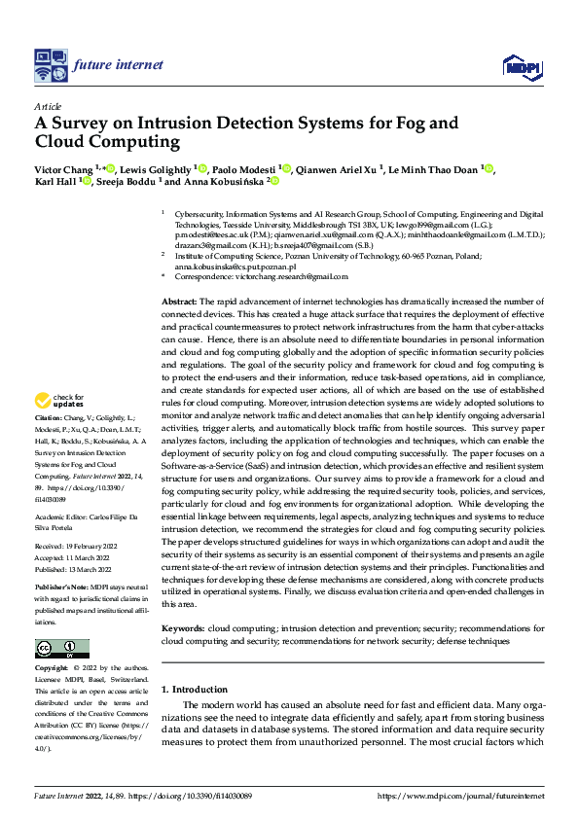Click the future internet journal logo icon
pyautogui.click(x=50, y=65)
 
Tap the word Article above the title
pyautogui.click(x=49, y=105)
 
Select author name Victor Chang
pyautogui.click(x=63, y=168)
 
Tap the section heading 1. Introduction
pyautogui.click(x=194, y=690)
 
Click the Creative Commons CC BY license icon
pyautogui.click(x=61, y=649)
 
